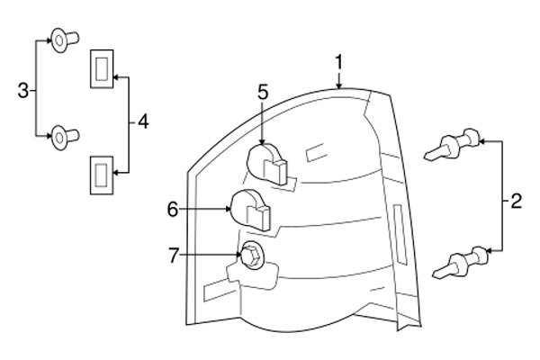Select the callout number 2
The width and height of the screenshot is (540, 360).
[x=515, y=202]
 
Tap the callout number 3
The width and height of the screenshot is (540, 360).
[x=23, y=89]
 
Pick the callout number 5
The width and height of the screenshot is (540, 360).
[x=263, y=91]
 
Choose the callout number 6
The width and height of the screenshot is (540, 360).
[x=173, y=209]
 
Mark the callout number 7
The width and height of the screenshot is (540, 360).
[x=174, y=256]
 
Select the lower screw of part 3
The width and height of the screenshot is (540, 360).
[x=61, y=136]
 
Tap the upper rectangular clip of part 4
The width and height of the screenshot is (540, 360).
[x=101, y=68]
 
